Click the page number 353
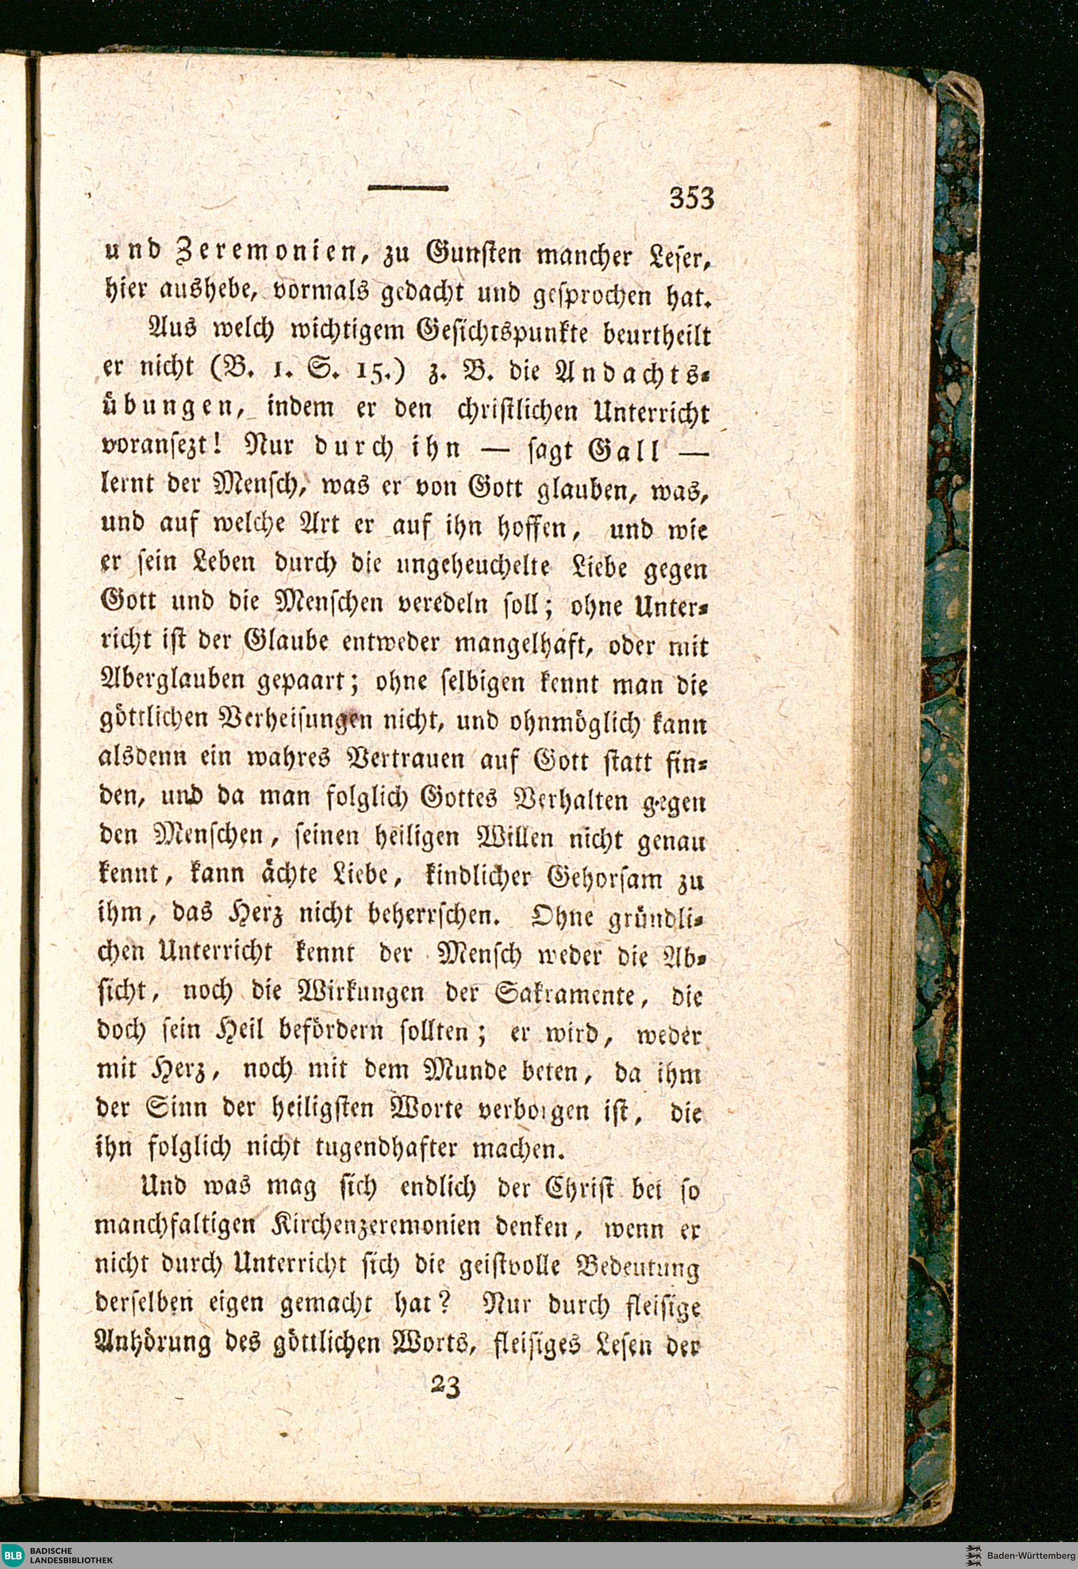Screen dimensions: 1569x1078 [691, 200]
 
